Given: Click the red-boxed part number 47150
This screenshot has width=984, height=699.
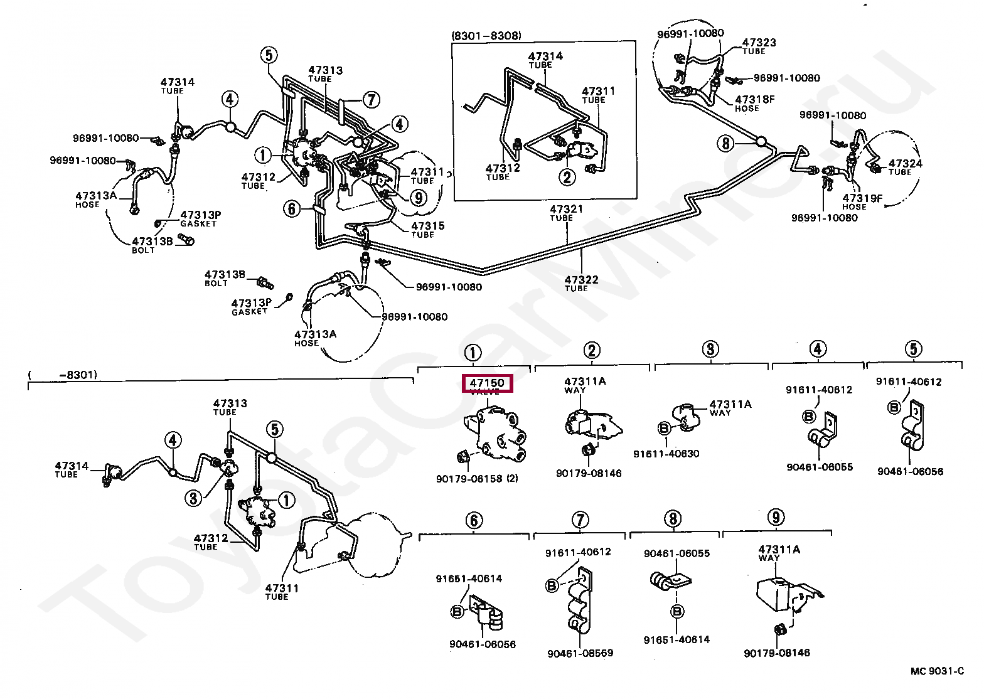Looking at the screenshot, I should tap(488, 383).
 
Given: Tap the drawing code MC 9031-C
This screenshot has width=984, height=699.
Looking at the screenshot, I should tap(937, 671).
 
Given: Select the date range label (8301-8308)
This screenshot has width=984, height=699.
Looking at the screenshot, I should tap(486, 36).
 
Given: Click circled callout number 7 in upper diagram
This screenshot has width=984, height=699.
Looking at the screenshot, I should tap(371, 100).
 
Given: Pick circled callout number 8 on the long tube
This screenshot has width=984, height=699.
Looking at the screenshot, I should tap(725, 144).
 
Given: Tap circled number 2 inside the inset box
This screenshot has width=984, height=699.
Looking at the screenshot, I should tap(567, 177).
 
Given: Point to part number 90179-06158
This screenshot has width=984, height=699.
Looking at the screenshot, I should tap(469, 479).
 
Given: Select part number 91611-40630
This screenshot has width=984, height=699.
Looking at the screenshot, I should tap(666, 454).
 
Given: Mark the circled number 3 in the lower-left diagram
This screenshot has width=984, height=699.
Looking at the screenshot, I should tap(194, 498).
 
